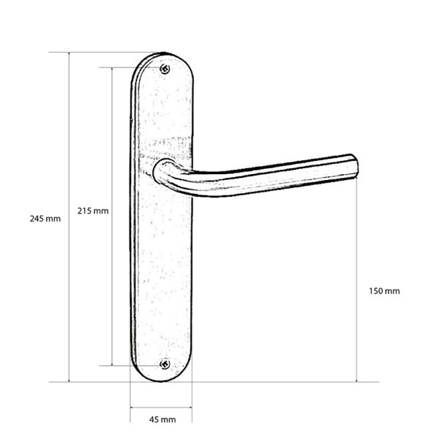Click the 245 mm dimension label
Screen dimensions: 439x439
click(45, 219)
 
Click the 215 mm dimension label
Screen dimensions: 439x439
click(93, 211)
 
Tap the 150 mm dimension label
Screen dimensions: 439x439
click(384, 291)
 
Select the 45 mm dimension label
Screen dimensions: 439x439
click(162, 419)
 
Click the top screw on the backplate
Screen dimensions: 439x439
click(165, 69)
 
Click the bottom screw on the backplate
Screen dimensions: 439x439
click(165, 364)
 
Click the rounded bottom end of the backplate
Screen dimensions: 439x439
click(162, 379)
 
